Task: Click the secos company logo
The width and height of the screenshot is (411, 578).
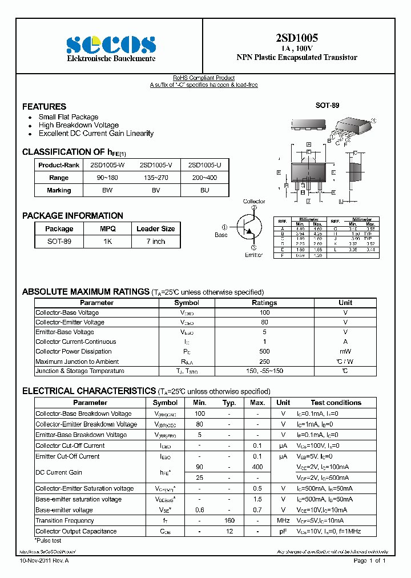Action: click(111, 44)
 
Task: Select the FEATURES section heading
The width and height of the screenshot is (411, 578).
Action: click(44, 106)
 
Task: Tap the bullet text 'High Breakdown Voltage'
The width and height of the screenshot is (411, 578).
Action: click(79, 125)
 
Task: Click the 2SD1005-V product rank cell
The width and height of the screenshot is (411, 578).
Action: click(156, 165)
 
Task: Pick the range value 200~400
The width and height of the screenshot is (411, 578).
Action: click(204, 178)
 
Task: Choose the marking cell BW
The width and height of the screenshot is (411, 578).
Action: click(107, 190)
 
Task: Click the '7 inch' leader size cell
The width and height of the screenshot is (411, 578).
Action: click(155, 242)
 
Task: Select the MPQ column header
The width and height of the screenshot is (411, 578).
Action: click(108, 228)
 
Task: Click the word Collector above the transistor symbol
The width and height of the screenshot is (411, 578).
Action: click(254, 202)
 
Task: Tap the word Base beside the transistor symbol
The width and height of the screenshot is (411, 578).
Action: click(221, 235)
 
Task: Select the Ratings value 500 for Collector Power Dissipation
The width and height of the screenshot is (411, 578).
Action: click(264, 351)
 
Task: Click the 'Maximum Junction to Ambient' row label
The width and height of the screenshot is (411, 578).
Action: click(77, 362)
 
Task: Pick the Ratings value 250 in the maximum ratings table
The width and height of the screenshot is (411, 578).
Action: click(264, 362)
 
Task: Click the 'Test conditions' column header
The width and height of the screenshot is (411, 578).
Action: click(336, 403)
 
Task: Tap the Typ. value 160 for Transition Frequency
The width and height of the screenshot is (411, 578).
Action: click(229, 520)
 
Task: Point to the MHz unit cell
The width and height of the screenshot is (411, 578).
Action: click(284, 520)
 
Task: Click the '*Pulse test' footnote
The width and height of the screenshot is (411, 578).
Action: click(49, 540)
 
